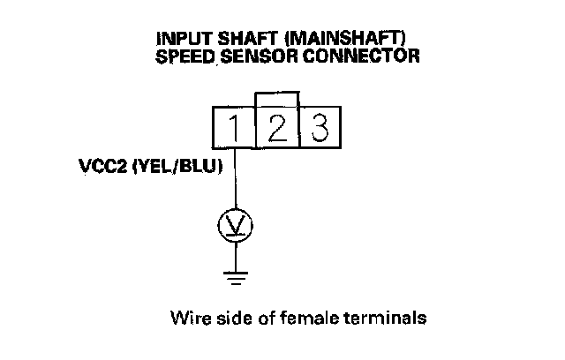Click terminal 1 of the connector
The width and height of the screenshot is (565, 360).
(x=234, y=129)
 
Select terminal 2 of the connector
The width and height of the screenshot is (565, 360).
(x=276, y=129)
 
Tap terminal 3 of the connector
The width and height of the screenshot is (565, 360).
(x=319, y=129)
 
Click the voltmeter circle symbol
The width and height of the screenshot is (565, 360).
(x=235, y=228)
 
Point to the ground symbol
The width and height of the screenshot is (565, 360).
(x=235, y=280)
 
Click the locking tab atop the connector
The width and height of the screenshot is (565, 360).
(x=276, y=97)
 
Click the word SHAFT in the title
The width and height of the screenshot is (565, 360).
(x=239, y=40)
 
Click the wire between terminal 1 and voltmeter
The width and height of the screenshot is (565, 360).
(x=235, y=181)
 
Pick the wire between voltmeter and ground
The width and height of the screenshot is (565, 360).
(x=235, y=257)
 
